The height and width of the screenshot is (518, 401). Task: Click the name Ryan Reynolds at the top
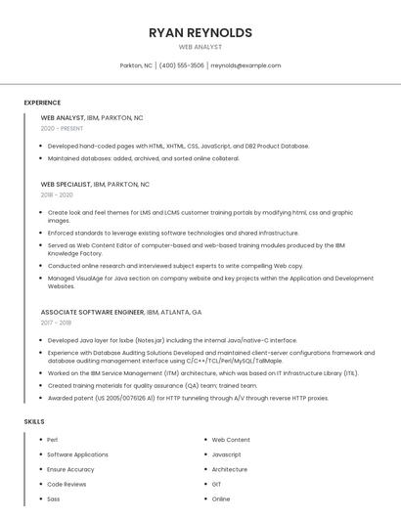point(200,32)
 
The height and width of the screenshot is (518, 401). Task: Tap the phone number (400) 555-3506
point(181,65)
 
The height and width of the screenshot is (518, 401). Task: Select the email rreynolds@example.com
point(245,65)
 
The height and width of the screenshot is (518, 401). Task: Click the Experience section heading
point(42,103)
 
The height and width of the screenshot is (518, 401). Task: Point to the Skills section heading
point(34,421)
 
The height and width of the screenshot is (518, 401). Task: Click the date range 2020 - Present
point(62,128)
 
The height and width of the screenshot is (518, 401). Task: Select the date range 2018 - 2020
point(57,194)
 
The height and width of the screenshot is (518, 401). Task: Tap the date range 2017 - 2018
point(56,323)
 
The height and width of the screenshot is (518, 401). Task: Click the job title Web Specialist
point(66,184)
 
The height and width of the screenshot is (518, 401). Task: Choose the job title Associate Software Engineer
point(92,312)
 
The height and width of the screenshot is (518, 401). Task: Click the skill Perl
point(53,440)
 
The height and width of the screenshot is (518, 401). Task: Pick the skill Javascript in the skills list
point(226,454)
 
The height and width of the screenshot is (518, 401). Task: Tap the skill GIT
point(216,484)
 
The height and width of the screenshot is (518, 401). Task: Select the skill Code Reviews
point(67,484)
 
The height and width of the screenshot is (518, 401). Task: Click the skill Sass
point(54,498)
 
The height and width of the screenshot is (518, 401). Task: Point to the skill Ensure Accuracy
point(70,469)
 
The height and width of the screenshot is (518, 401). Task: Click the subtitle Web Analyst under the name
point(200,47)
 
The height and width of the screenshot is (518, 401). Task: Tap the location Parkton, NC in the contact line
point(136,65)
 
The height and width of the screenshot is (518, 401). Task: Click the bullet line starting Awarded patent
point(188,398)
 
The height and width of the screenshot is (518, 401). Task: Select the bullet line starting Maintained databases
point(143,158)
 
